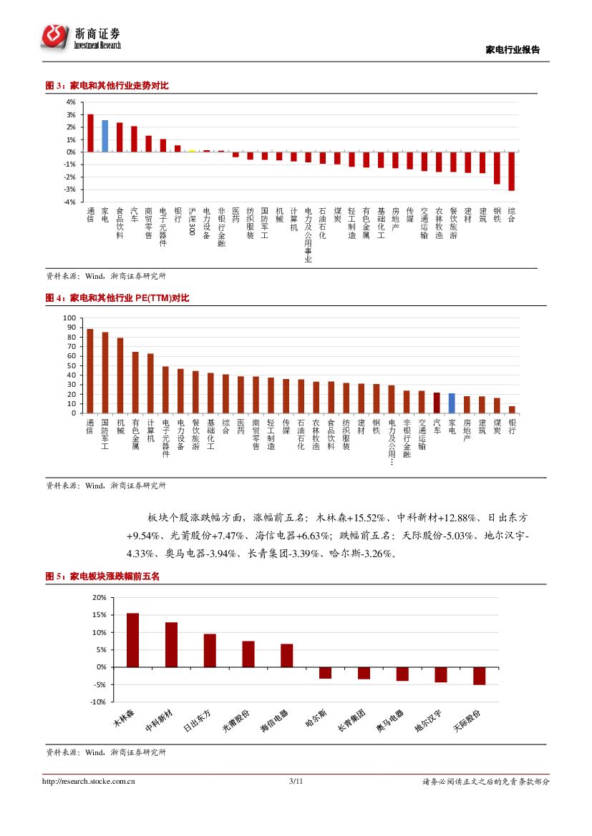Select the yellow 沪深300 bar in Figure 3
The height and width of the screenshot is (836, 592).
point(192,151)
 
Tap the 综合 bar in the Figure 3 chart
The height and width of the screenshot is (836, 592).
point(511,171)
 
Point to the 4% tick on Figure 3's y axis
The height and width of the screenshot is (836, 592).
point(71,102)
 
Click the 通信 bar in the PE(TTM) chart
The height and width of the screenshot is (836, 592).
point(90,371)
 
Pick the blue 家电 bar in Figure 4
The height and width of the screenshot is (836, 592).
point(452,403)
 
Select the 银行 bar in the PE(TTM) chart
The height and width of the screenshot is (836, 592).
point(512,410)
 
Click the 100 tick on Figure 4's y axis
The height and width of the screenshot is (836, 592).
point(69,318)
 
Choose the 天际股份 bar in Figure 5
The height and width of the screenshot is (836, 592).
point(479,676)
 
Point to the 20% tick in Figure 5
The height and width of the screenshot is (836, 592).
point(99,597)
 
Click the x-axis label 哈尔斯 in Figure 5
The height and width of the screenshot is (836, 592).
point(316,717)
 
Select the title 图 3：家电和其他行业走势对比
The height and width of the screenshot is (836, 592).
point(107,86)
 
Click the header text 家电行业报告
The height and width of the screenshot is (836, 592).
point(513,50)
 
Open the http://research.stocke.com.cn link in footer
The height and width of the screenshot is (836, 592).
point(89,782)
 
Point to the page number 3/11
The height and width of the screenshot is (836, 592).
point(296,782)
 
